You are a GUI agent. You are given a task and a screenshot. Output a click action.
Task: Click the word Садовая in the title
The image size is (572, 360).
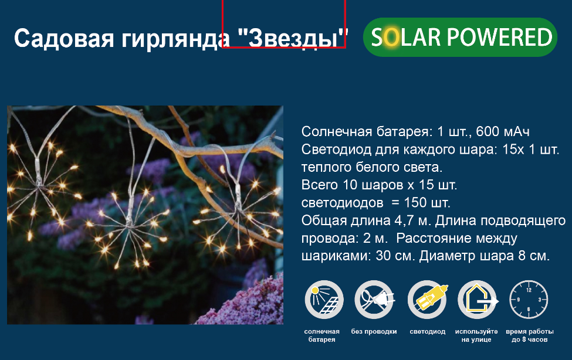tap(64, 38)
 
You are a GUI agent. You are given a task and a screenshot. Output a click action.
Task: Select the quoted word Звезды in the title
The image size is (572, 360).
tap(293, 38)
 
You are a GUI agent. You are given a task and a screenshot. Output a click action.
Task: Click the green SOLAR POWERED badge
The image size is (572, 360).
tap(460, 37)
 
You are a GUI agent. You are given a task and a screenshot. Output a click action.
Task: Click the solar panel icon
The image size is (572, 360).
tap(324, 300)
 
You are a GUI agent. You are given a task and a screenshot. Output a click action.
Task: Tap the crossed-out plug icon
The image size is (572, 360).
tap(374, 300)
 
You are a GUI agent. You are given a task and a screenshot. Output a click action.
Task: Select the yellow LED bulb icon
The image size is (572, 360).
tap(427, 300)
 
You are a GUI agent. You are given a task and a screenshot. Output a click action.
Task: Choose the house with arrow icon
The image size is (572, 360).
tap(478, 300)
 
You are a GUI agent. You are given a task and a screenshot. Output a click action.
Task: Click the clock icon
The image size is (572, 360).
tap(529, 300)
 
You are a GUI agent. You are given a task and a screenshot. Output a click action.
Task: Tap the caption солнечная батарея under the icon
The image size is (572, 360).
tap(321, 335)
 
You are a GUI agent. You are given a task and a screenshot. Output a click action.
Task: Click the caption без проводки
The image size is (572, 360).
tap(374, 331)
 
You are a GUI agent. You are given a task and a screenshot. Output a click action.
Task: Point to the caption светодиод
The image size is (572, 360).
tap(428, 332)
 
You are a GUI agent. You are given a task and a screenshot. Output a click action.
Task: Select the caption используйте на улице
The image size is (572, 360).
tap(476, 335)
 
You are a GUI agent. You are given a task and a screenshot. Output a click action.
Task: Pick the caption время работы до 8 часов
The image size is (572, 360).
tap(530, 335)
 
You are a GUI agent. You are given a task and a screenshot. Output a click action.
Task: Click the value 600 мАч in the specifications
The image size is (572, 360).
tap(503, 131)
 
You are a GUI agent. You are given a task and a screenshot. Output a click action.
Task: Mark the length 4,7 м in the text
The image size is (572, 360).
tap(413, 220)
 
